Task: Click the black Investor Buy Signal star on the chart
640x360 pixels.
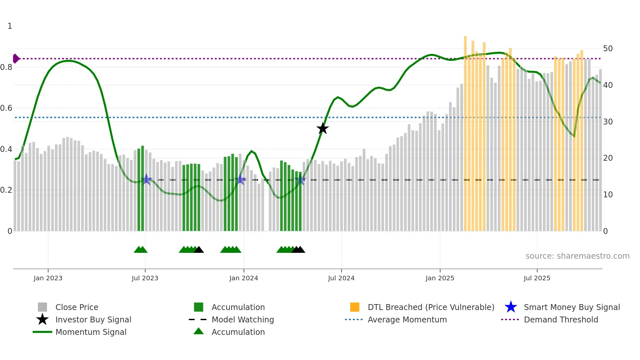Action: [x=323, y=128]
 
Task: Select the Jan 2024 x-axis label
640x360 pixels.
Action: [x=244, y=278]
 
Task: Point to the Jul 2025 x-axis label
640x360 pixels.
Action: [x=537, y=278]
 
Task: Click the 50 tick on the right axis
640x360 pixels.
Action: [x=608, y=49]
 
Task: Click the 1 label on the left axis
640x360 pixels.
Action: [x=10, y=26]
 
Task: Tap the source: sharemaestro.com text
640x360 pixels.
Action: [x=577, y=256]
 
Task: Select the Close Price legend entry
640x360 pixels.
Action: [x=77, y=307]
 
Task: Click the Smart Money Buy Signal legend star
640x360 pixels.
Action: [x=511, y=307]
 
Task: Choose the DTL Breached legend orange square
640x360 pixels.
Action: [x=355, y=307]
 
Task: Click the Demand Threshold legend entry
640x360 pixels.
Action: [x=561, y=319]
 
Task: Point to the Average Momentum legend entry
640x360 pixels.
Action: [x=407, y=319]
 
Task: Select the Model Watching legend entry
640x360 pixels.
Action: [x=242, y=319]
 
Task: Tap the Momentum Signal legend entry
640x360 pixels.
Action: [x=91, y=332]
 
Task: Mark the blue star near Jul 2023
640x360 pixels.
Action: [x=146, y=179]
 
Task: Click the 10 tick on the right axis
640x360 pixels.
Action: [x=608, y=195]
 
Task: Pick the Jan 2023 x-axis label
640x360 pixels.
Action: [x=48, y=278]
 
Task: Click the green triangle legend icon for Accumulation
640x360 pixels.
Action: [x=199, y=331]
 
